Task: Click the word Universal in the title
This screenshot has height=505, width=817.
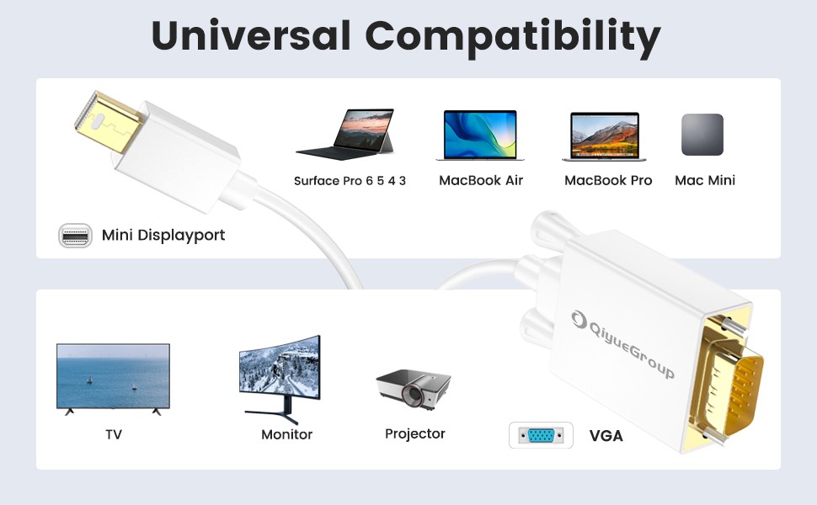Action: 251,35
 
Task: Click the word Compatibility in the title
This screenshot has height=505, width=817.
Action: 513,38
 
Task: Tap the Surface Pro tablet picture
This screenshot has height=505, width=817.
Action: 346,134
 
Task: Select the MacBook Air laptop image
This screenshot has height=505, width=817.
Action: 480,135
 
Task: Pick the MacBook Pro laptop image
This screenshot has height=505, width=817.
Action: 605,136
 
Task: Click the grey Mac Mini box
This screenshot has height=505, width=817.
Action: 702,135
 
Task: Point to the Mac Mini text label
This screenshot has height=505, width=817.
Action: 705,181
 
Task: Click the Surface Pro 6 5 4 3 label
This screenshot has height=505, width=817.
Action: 350,181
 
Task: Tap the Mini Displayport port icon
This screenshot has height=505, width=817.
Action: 75,236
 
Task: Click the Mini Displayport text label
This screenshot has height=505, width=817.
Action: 163,236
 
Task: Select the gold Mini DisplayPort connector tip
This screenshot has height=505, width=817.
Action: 107,122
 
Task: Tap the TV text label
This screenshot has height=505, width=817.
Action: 114,434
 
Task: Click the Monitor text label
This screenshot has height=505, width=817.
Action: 286,434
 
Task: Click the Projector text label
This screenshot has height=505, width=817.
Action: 414,433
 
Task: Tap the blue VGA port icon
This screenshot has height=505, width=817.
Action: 541,435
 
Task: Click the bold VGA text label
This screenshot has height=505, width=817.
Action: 606,436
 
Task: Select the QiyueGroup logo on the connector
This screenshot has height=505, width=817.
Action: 622,343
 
